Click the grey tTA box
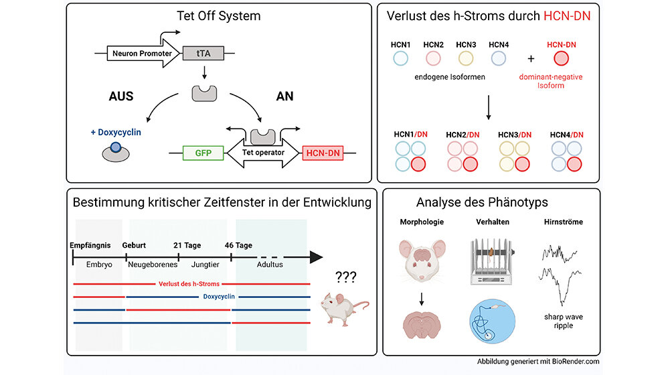point(203,53)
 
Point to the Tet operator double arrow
point(262,153)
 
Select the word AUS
point(120,96)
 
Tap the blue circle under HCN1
point(401,58)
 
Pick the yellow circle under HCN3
point(465,58)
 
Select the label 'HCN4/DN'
point(566,134)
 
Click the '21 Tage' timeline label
point(187,245)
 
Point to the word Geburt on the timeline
point(134,245)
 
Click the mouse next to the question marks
point(343,309)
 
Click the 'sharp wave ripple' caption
point(559,321)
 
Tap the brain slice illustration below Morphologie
point(422,326)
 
